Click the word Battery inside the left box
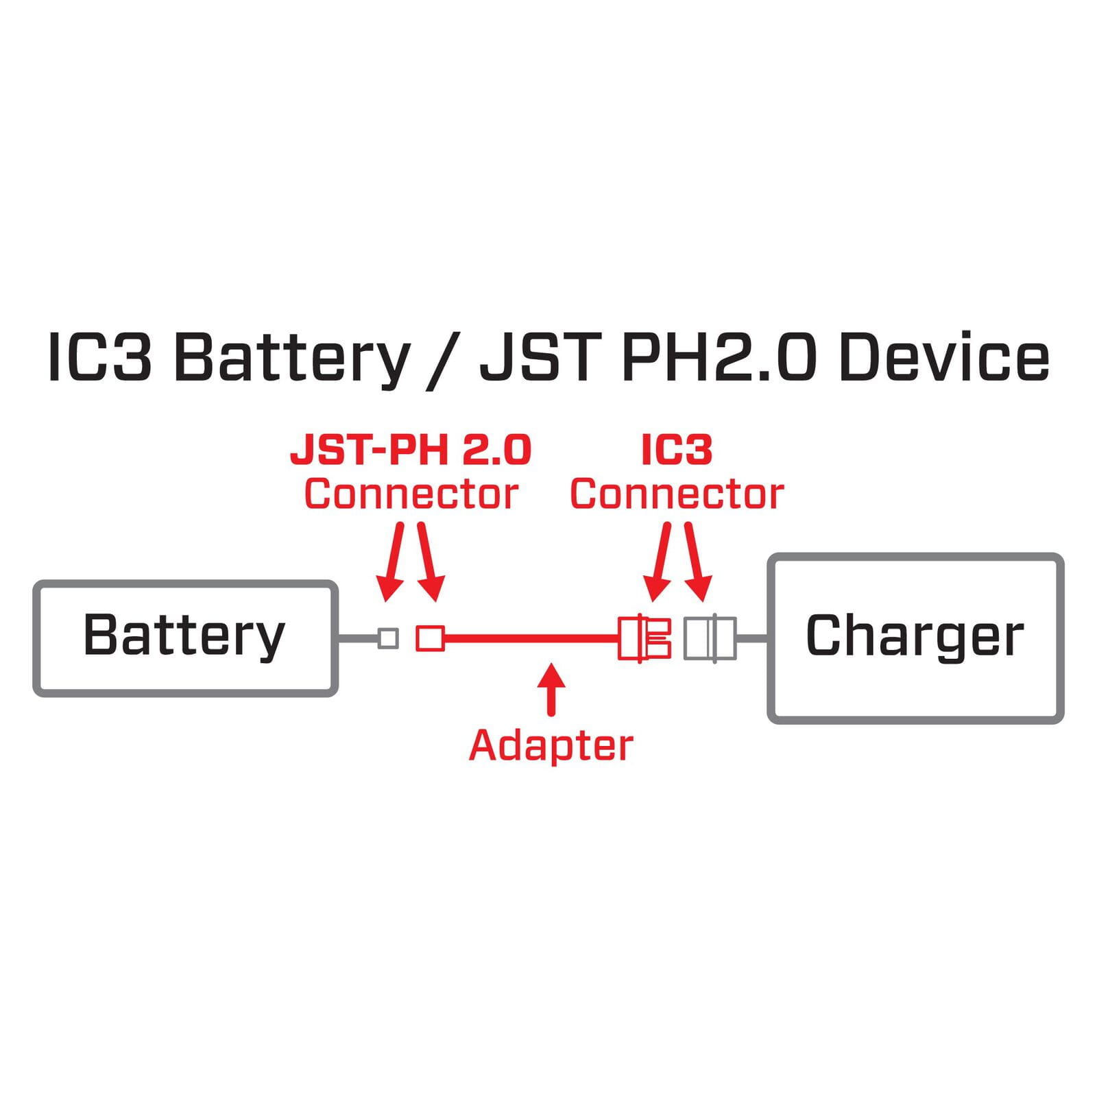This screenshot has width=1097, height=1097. coord(184,636)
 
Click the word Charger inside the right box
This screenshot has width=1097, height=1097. coord(915,636)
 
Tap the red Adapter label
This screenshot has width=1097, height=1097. coord(551,745)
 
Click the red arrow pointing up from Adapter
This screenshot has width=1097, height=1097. coord(551,689)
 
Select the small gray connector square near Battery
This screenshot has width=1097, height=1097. coord(388,638)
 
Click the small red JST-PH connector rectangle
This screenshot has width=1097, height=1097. coord(430,638)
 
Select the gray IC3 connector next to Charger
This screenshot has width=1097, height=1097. coord(710,638)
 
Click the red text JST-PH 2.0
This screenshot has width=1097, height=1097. coord(411,450)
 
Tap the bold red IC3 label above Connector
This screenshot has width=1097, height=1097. coord(677,450)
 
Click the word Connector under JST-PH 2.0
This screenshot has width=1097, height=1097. coord(411,494)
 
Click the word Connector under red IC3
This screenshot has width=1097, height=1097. coord(677,494)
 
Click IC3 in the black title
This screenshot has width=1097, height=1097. coord(99,357)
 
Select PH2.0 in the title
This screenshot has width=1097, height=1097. coord(719,357)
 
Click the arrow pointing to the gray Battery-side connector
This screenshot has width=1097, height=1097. coord(392,562)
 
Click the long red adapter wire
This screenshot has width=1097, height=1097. coord(531,638)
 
